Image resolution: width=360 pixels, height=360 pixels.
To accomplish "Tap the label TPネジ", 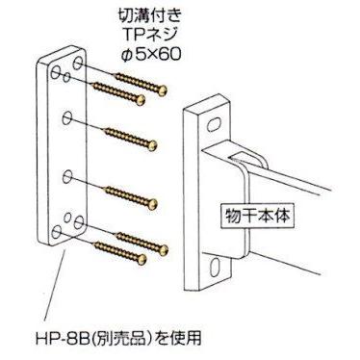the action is (148, 36).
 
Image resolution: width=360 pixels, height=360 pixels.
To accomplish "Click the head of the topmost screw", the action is (163, 90).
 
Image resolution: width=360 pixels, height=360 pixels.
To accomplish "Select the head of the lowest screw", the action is (141, 259).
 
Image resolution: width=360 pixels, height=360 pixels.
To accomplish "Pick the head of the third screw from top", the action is (153, 145).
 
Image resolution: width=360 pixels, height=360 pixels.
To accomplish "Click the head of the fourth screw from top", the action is (153, 204).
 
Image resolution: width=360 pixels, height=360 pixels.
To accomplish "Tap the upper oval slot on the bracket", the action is (215, 125).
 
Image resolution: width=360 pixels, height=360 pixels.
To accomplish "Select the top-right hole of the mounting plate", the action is (78, 64).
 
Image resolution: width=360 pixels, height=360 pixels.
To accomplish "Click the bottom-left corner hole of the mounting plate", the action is (57, 232).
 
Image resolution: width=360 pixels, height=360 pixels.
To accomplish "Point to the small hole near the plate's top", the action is (66, 78).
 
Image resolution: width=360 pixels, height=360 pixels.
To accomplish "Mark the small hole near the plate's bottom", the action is (67, 218).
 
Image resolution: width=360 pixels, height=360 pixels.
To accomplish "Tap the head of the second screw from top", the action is (141, 100).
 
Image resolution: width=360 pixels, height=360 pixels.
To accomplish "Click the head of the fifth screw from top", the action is (164, 250).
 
